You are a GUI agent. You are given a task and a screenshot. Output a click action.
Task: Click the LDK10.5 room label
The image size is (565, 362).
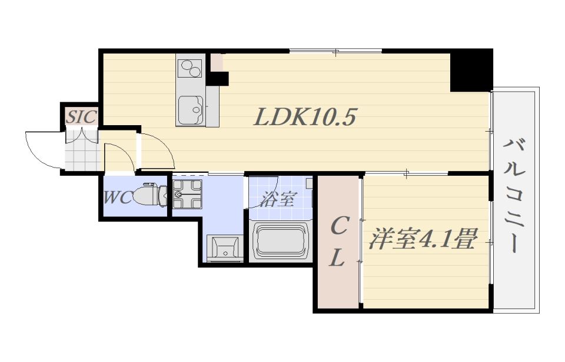(305, 118)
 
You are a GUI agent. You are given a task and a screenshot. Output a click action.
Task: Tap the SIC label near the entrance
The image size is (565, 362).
(82, 117)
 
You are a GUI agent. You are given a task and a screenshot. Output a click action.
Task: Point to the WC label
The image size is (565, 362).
(118, 198)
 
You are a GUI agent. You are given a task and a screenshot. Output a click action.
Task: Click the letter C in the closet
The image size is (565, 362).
(339, 227)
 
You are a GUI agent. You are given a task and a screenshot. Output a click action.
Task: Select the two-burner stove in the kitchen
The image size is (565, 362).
(191, 68)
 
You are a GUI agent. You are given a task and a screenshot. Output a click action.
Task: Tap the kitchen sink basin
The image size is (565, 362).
(191, 109)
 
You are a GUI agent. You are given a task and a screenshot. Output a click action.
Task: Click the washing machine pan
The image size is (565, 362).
(187, 195)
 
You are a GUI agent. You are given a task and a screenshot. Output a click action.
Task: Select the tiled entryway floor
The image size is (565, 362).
(82, 152)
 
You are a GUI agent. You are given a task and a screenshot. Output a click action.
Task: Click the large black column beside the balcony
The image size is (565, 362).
(471, 70)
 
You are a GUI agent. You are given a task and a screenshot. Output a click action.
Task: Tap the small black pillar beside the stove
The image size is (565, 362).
(219, 79)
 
